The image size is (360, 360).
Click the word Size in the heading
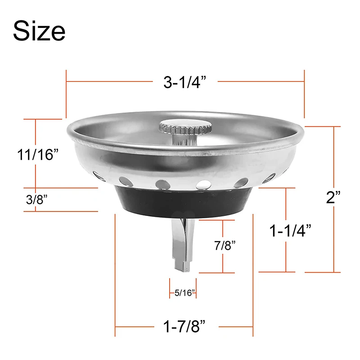(x=39, y=31)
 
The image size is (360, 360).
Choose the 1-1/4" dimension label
(x=290, y=231)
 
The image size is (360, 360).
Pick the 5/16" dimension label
(x=184, y=293)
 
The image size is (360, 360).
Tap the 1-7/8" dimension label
(x=184, y=325)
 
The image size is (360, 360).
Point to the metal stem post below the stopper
(x=182, y=245)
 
